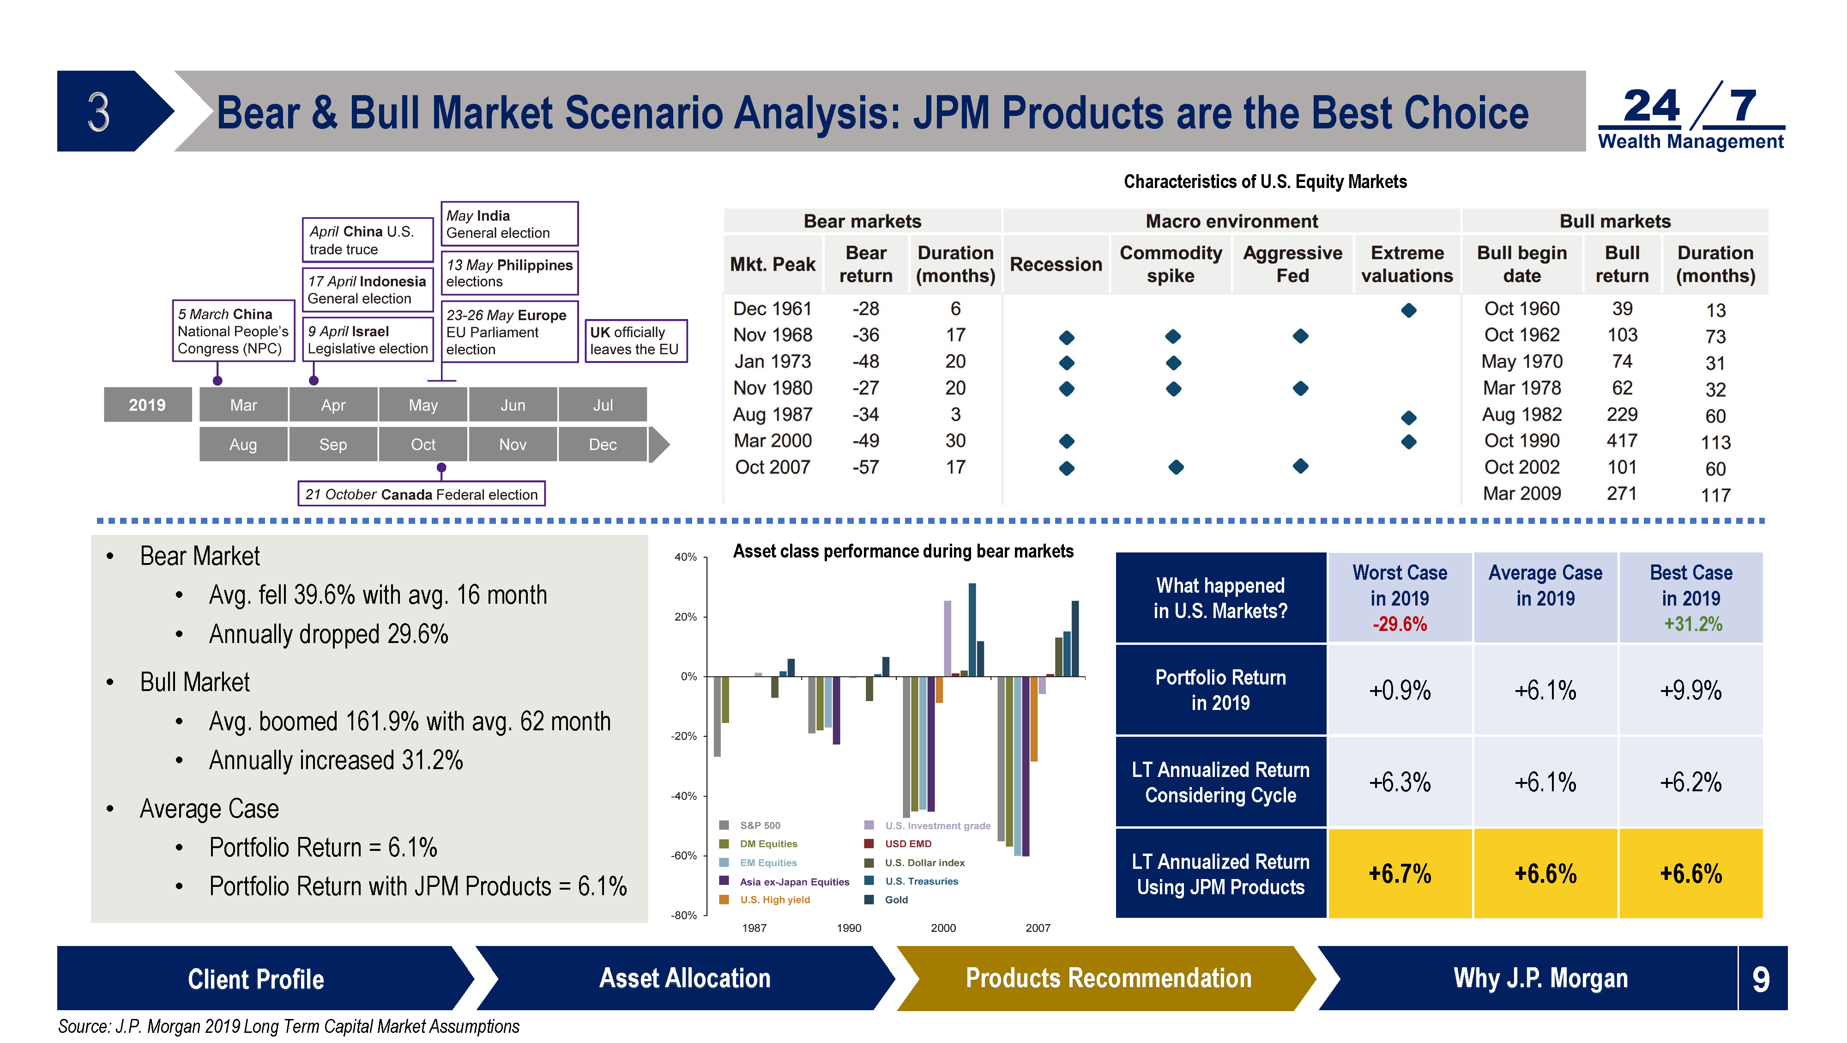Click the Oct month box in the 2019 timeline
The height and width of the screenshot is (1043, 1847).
pyautogui.click(x=423, y=444)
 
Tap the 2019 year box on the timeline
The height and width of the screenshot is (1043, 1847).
pyautogui.click(x=147, y=405)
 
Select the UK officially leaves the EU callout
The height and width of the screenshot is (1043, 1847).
pyautogui.click(x=636, y=341)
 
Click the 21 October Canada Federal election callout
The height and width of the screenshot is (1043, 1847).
pyautogui.click(x=422, y=494)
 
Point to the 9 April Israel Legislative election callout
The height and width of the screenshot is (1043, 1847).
pyautogui.click(x=368, y=340)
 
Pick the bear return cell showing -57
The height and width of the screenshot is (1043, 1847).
pyautogui.click(x=865, y=467)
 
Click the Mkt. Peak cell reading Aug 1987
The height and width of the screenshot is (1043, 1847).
pyautogui.click(x=772, y=415)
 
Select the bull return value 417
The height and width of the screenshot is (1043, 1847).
pyautogui.click(x=1622, y=441)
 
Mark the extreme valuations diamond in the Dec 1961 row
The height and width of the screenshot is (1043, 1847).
pyautogui.click(x=1408, y=310)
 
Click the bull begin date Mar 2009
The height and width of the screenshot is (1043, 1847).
pyautogui.click(x=1521, y=493)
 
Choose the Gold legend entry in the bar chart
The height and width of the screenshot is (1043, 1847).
pyautogui.click(x=887, y=899)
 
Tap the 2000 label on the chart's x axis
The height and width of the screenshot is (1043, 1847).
pyautogui.click(x=943, y=928)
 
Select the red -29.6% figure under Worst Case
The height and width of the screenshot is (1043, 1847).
pyautogui.click(x=1400, y=624)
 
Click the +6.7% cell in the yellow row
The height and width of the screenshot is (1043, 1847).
pyautogui.click(x=1400, y=874)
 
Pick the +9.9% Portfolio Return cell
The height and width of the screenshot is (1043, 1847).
pyautogui.click(x=1690, y=690)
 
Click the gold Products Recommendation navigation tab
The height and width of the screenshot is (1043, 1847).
pyautogui.click(x=1108, y=978)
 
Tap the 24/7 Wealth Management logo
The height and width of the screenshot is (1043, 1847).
pyautogui.click(x=1690, y=116)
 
